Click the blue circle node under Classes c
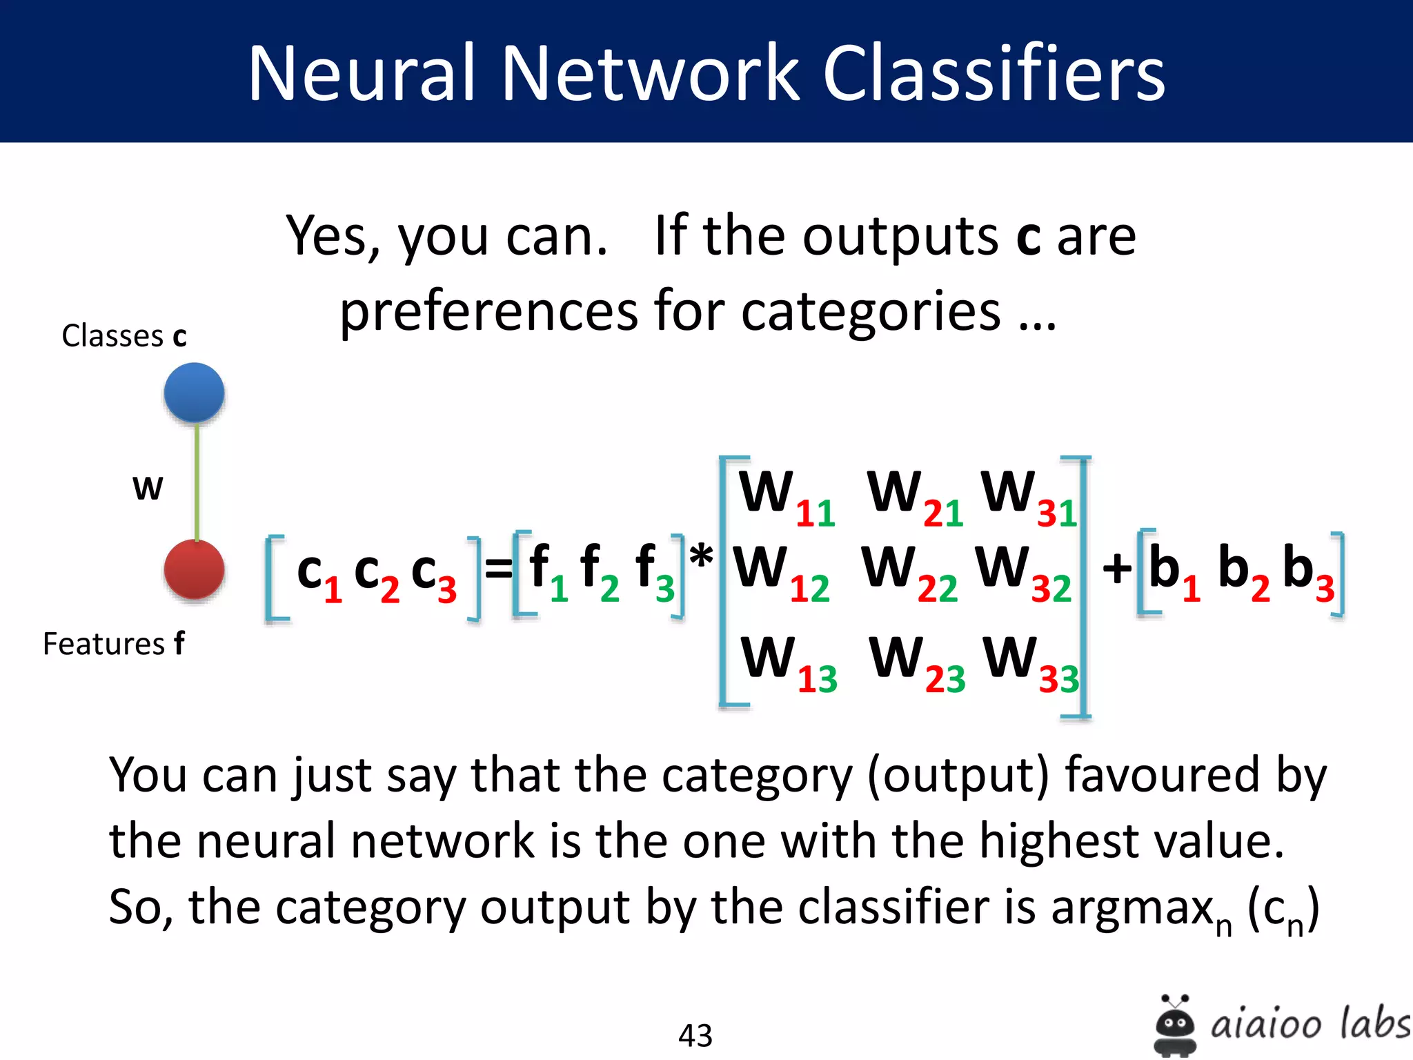click(194, 393)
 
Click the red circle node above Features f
click(194, 570)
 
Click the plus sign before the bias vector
click(1117, 570)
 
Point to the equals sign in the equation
click(498, 570)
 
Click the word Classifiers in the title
click(994, 73)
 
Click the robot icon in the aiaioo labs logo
click(1175, 1025)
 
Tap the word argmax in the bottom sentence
click(1132, 908)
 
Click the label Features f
click(114, 644)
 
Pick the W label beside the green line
click(148, 489)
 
